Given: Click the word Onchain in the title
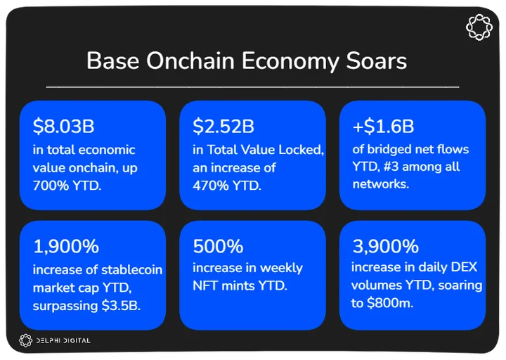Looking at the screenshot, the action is coord(190,60).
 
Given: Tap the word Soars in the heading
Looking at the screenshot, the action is coord(377,60).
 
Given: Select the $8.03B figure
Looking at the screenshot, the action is coord(63,126).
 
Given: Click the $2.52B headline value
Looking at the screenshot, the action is coord(223,126).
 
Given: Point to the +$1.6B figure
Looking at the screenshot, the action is coord(384,126).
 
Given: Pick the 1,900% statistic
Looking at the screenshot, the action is coord(66,246).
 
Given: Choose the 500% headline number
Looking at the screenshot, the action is coord(218,246).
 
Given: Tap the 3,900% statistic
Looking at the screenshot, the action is coord(386,246).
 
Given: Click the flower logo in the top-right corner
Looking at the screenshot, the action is coord(479,27).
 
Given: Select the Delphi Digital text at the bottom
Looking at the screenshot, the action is coord(63,340).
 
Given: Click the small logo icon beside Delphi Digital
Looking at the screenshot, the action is coord(26,340).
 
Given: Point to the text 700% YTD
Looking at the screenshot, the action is coord(67,186).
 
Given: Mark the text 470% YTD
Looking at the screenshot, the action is coord(227,186).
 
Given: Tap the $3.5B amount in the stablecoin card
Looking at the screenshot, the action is coord(121,305).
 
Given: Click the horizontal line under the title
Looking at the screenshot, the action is coord(253,87).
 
